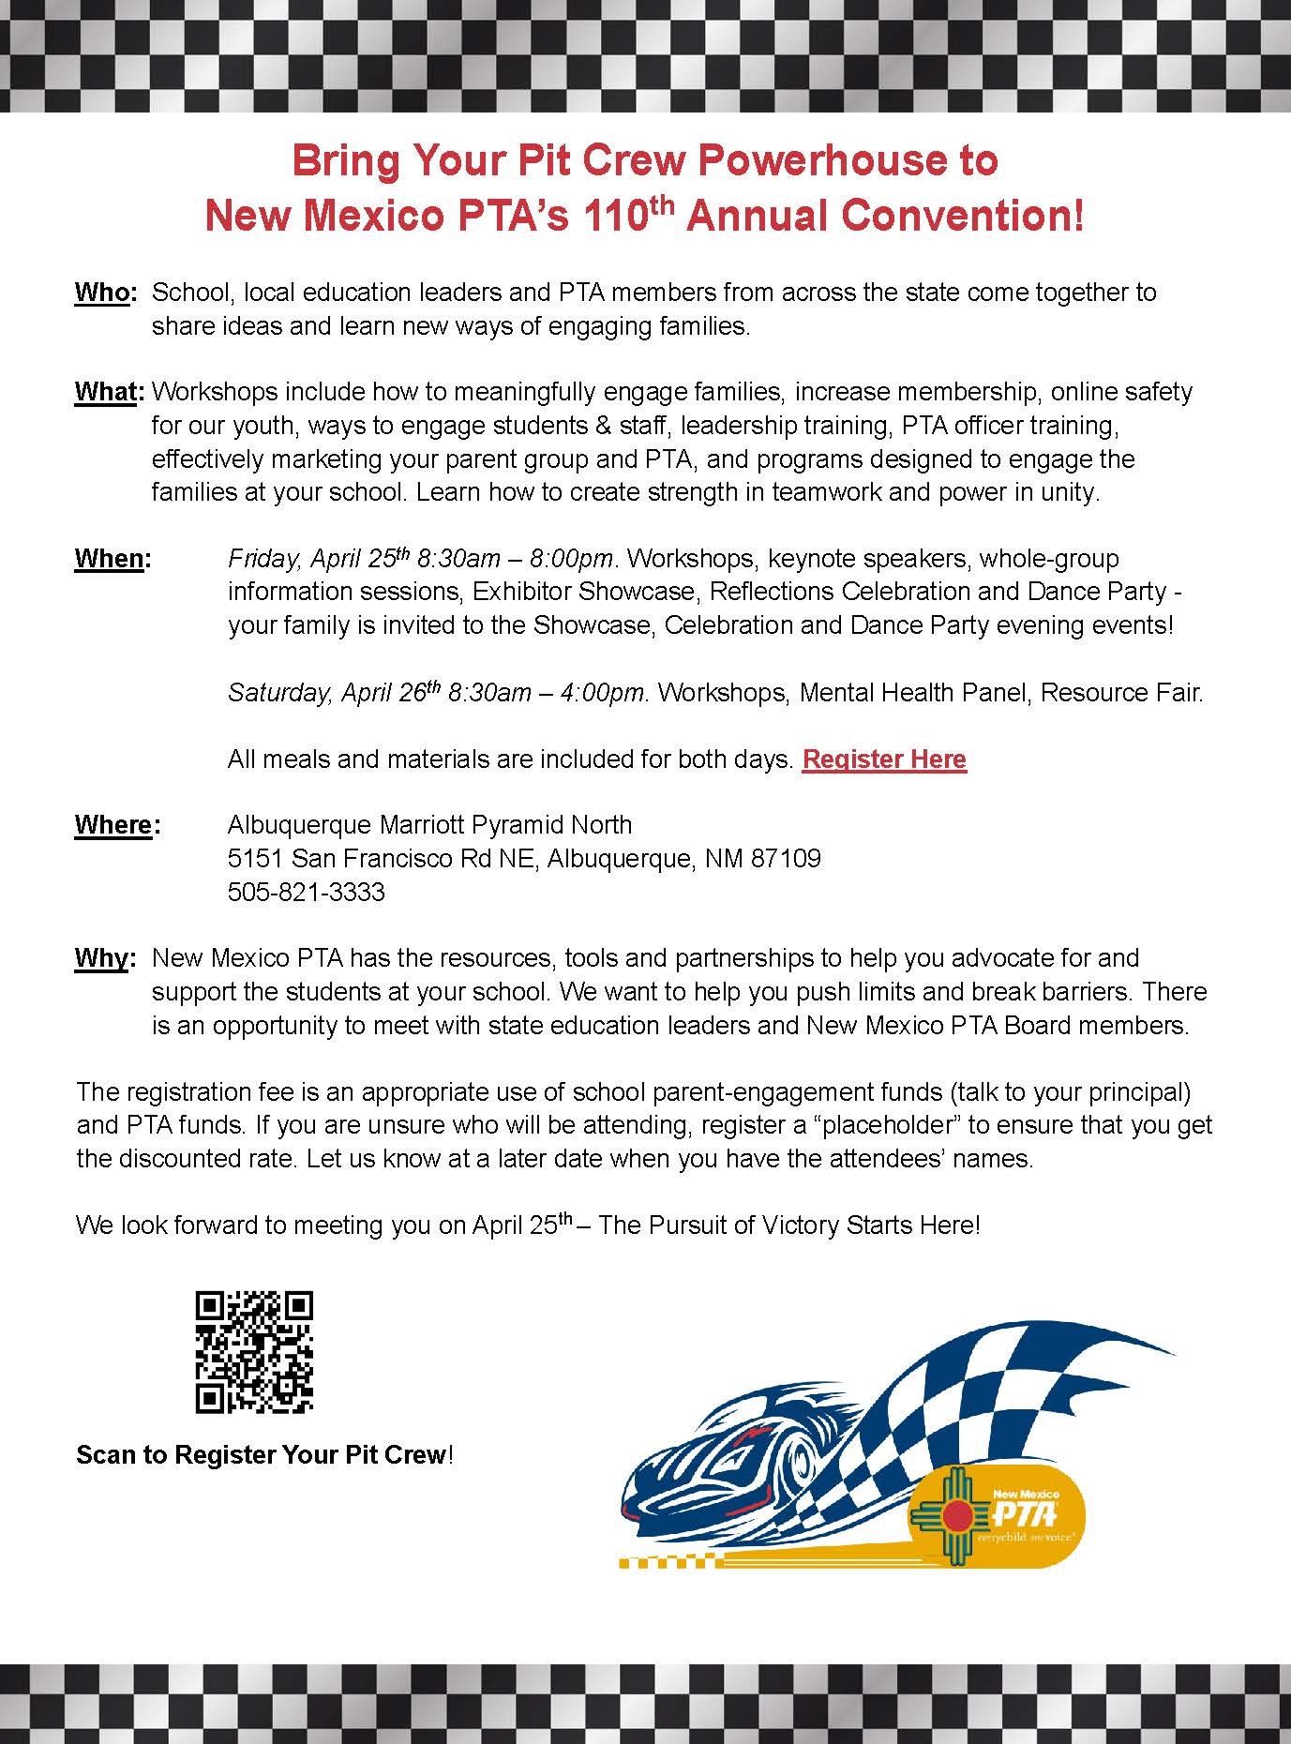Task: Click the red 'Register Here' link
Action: (x=884, y=759)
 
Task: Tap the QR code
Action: (x=254, y=1352)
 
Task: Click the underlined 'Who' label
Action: (x=101, y=293)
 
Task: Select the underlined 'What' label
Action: (x=106, y=392)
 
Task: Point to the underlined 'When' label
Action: (x=109, y=559)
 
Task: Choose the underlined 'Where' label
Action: (x=113, y=825)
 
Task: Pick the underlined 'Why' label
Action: (x=101, y=958)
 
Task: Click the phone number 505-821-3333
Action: (x=306, y=892)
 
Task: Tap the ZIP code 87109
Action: (x=786, y=858)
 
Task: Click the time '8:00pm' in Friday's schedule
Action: (x=571, y=559)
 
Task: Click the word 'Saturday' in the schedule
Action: (x=278, y=693)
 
